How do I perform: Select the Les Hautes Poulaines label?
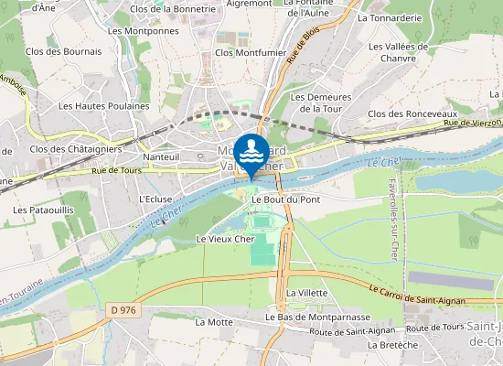coord(103,105)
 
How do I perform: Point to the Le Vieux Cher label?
coord(225,239)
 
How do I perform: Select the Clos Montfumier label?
coord(251,52)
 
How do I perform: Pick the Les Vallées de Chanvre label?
coord(398,52)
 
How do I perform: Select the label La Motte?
coord(213,322)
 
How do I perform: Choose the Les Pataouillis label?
coord(44,210)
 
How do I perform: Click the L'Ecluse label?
coord(155,199)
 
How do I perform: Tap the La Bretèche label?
coord(392,345)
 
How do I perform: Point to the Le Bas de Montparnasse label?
coord(311,317)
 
